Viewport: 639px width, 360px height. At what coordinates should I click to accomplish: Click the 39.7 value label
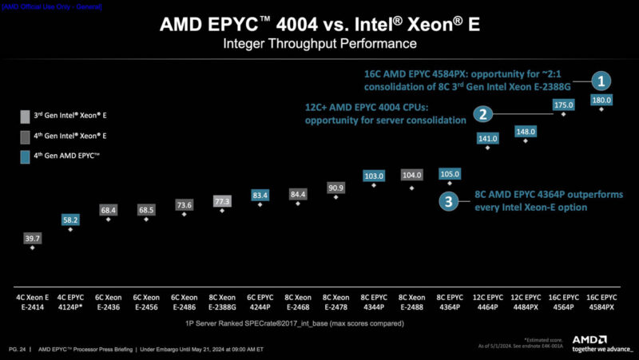pos(32,239)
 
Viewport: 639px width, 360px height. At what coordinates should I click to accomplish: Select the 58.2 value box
pos(70,219)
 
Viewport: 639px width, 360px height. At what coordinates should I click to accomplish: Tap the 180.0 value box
pos(601,100)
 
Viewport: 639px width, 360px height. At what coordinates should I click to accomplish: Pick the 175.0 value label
pos(563,105)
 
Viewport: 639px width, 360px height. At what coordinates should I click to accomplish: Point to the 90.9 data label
pos(335,188)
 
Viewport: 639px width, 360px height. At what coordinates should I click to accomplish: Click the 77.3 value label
pos(221,201)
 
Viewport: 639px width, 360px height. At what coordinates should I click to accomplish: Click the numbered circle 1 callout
pos(601,80)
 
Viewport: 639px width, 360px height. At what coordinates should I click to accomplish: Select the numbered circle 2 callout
pos(482,114)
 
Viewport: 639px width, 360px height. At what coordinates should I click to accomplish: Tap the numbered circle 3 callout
pos(450,201)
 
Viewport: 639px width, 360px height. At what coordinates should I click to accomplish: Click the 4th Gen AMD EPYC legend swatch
pos(25,157)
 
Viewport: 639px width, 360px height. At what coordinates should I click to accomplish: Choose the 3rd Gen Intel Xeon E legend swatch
pos(25,116)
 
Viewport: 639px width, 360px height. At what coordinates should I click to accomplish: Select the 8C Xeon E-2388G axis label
pos(221,302)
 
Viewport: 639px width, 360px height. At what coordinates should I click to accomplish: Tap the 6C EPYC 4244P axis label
pos(260,302)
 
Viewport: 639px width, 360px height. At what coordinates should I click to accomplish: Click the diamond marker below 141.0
pos(487,148)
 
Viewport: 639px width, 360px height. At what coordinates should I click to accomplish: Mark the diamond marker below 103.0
pos(373,185)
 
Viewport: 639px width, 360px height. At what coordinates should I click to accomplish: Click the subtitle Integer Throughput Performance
pos(319,42)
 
